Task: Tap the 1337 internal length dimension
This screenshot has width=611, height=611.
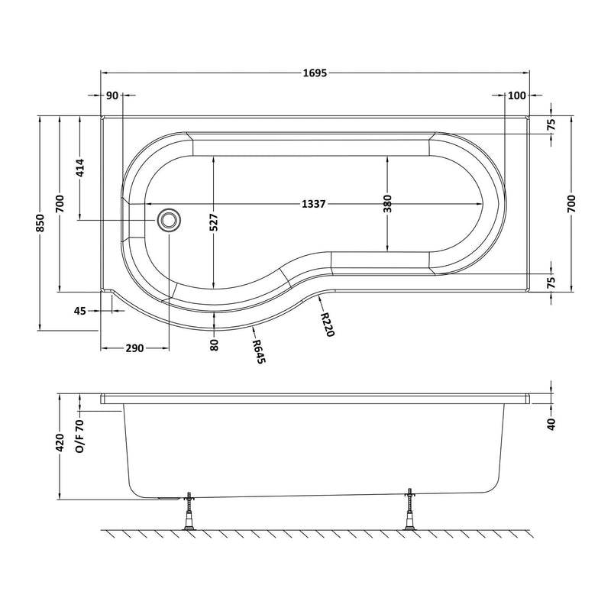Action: [314, 204]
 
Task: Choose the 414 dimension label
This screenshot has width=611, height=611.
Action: [79, 167]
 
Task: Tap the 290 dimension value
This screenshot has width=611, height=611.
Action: [134, 348]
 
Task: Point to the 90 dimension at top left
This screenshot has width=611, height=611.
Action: [112, 95]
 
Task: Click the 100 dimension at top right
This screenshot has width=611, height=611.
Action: [517, 95]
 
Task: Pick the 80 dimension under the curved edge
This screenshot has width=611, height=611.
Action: [215, 344]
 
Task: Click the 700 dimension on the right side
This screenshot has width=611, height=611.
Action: [571, 203]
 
